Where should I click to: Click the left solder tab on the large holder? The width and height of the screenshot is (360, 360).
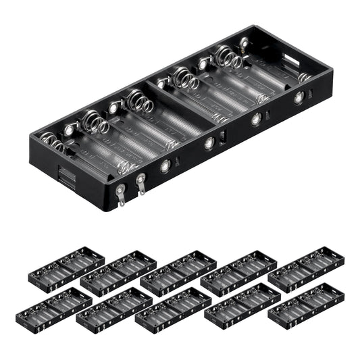pos(120,197)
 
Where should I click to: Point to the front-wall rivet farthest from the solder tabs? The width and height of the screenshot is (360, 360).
pos(298,98)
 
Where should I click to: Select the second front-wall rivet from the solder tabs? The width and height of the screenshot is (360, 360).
pos(209,143)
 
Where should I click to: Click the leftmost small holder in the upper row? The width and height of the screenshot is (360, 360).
pos(66,265)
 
